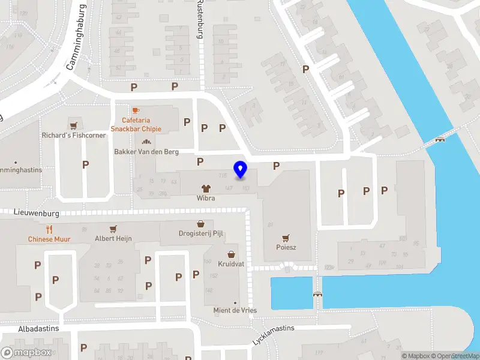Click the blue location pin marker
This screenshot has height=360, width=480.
(x=241, y=170)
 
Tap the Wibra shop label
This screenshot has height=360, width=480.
(x=205, y=197)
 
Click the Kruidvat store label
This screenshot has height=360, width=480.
(x=231, y=263)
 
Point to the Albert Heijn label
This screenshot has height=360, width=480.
(x=113, y=239)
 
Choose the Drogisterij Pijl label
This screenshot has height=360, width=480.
(x=200, y=233)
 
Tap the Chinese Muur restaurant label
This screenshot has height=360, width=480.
(x=49, y=239)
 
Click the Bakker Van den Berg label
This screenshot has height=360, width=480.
(x=146, y=152)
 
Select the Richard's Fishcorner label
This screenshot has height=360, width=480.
(x=74, y=136)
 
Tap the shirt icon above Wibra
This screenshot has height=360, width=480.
(x=205, y=188)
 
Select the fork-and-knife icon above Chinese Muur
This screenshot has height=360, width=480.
(x=49, y=229)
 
